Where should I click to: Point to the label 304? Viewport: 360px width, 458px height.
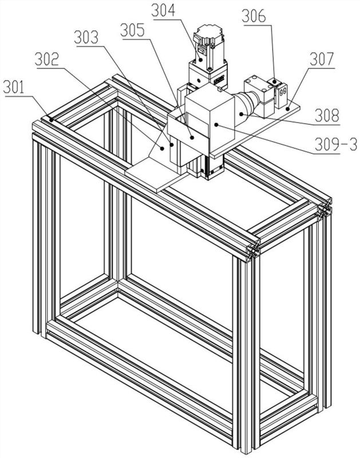[164, 10]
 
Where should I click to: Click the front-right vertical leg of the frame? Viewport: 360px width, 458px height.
[247, 343]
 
